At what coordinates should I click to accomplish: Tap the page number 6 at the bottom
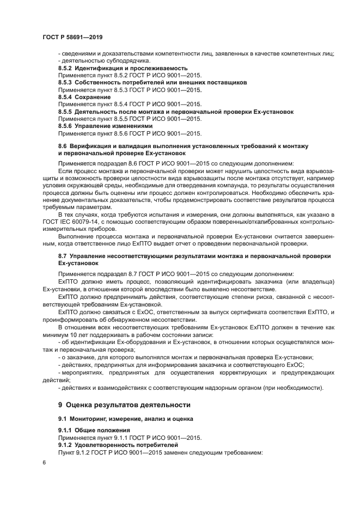point(44,462)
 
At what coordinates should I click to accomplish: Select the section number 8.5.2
point(65,68)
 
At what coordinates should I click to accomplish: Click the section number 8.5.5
point(65,112)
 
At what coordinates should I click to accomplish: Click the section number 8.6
point(62,146)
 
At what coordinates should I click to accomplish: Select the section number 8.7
point(62,256)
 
